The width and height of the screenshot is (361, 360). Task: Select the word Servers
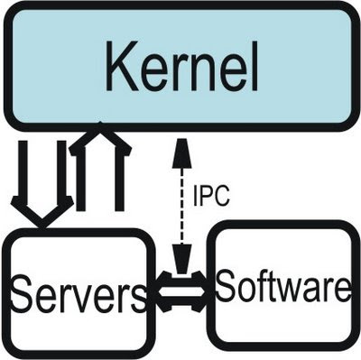76,294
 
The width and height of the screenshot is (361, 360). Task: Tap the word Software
282,288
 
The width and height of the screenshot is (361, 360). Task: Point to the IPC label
211,194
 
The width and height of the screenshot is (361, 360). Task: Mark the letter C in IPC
223,194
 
